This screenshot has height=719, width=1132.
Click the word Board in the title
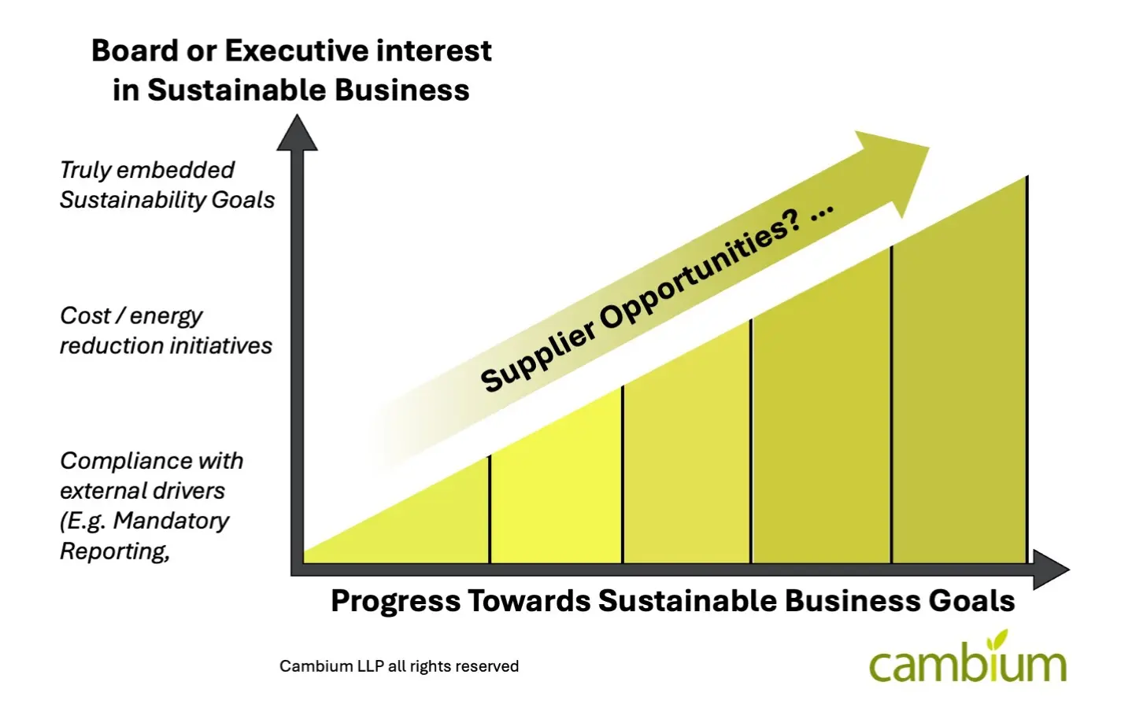(135, 50)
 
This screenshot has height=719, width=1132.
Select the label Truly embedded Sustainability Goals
(167, 185)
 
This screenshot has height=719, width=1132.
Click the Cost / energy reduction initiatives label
(166, 330)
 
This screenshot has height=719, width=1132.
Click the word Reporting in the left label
(115, 551)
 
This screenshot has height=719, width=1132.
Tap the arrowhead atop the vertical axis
(297, 132)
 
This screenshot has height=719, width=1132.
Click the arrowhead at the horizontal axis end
(1052, 570)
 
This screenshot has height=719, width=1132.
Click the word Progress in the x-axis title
(396, 601)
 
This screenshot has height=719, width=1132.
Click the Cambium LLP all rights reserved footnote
(399, 666)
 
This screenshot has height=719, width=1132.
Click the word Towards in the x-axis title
(529, 601)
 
